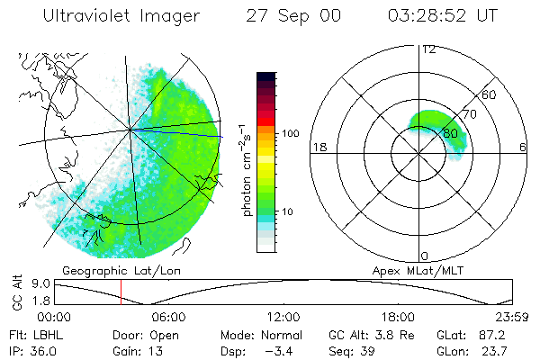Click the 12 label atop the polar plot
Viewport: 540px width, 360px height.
coord(428,49)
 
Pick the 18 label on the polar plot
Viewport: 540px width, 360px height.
coord(318,148)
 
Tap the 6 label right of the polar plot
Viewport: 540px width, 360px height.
coord(523,148)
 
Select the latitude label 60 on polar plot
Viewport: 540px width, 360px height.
coord(489,94)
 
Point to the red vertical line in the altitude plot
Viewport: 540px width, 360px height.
coord(121,292)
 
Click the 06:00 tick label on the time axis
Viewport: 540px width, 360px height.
coord(168,317)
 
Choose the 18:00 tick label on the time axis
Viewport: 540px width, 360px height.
coord(398,317)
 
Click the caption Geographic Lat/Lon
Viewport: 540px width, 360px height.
coord(109,270)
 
